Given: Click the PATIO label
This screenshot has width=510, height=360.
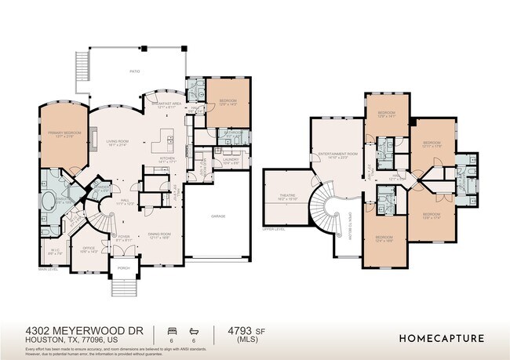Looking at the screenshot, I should pos(134,71).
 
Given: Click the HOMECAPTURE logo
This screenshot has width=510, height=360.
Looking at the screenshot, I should pos(441,339).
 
